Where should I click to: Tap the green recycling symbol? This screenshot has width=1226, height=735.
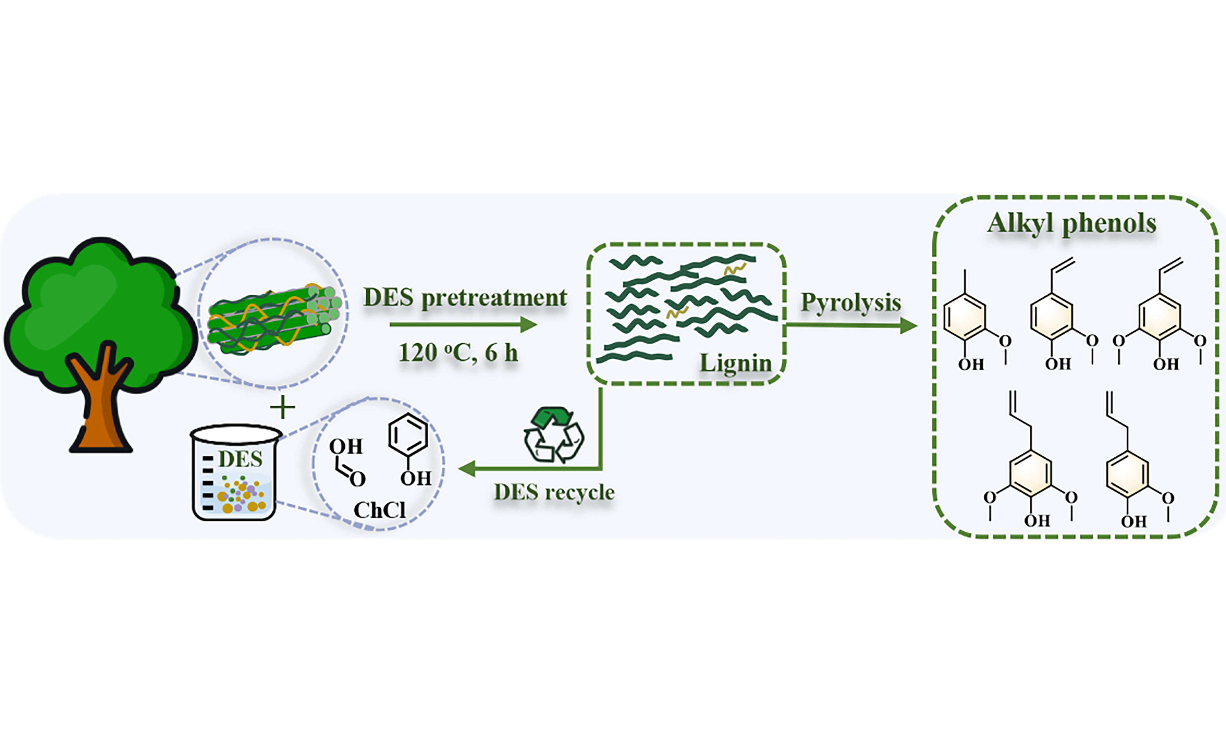pos(554,435)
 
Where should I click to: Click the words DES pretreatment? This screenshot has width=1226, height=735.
pos(465,298)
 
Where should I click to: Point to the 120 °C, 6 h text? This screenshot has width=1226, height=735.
pos(458,353)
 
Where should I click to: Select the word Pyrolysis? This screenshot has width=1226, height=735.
pos(851,302)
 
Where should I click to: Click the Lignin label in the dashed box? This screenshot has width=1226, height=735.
pos(735,363)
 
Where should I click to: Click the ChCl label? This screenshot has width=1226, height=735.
pos(379,510)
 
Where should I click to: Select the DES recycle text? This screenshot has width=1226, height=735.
pos(554,492)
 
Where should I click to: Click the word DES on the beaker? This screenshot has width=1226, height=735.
pos(240,459)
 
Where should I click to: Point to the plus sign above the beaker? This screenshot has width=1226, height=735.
pos(283,408)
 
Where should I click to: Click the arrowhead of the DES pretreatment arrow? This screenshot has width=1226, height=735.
pos(529,325)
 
